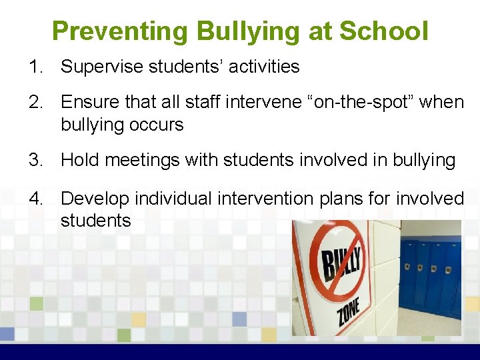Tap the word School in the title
tap(383, 31)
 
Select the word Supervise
tap(103, 67)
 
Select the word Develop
tap(96, 199)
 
